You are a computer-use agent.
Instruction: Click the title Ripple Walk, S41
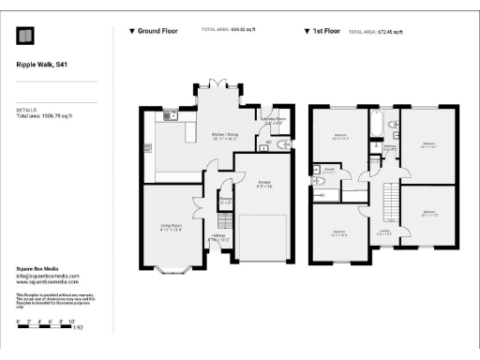pos(42,66)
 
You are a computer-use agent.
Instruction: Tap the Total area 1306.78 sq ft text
pos(45,115)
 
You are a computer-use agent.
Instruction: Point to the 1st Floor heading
pos(324,31)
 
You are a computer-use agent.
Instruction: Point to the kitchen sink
pos(171,116)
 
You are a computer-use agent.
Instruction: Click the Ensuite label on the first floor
pos(330,172)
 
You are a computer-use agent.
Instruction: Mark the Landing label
pos(383,231)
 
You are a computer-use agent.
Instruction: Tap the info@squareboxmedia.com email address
pos(48,277)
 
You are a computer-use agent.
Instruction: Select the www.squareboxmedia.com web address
pos(48,282)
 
